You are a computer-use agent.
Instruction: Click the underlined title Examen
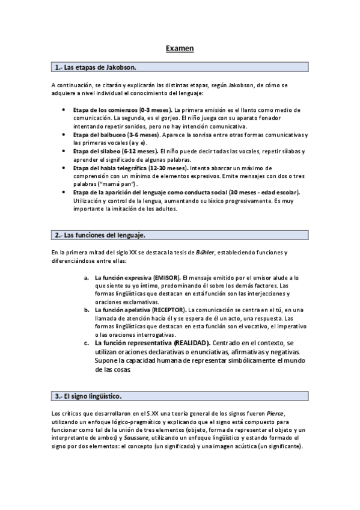[180, 48]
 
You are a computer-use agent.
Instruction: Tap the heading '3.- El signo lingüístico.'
[88, 396]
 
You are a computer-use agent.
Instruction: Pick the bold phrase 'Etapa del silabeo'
[98, 152]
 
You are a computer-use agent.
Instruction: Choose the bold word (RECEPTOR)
[173, 309]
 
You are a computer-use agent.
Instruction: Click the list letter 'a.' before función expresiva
[87, 277]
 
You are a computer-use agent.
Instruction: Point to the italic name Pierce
[293, 414]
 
